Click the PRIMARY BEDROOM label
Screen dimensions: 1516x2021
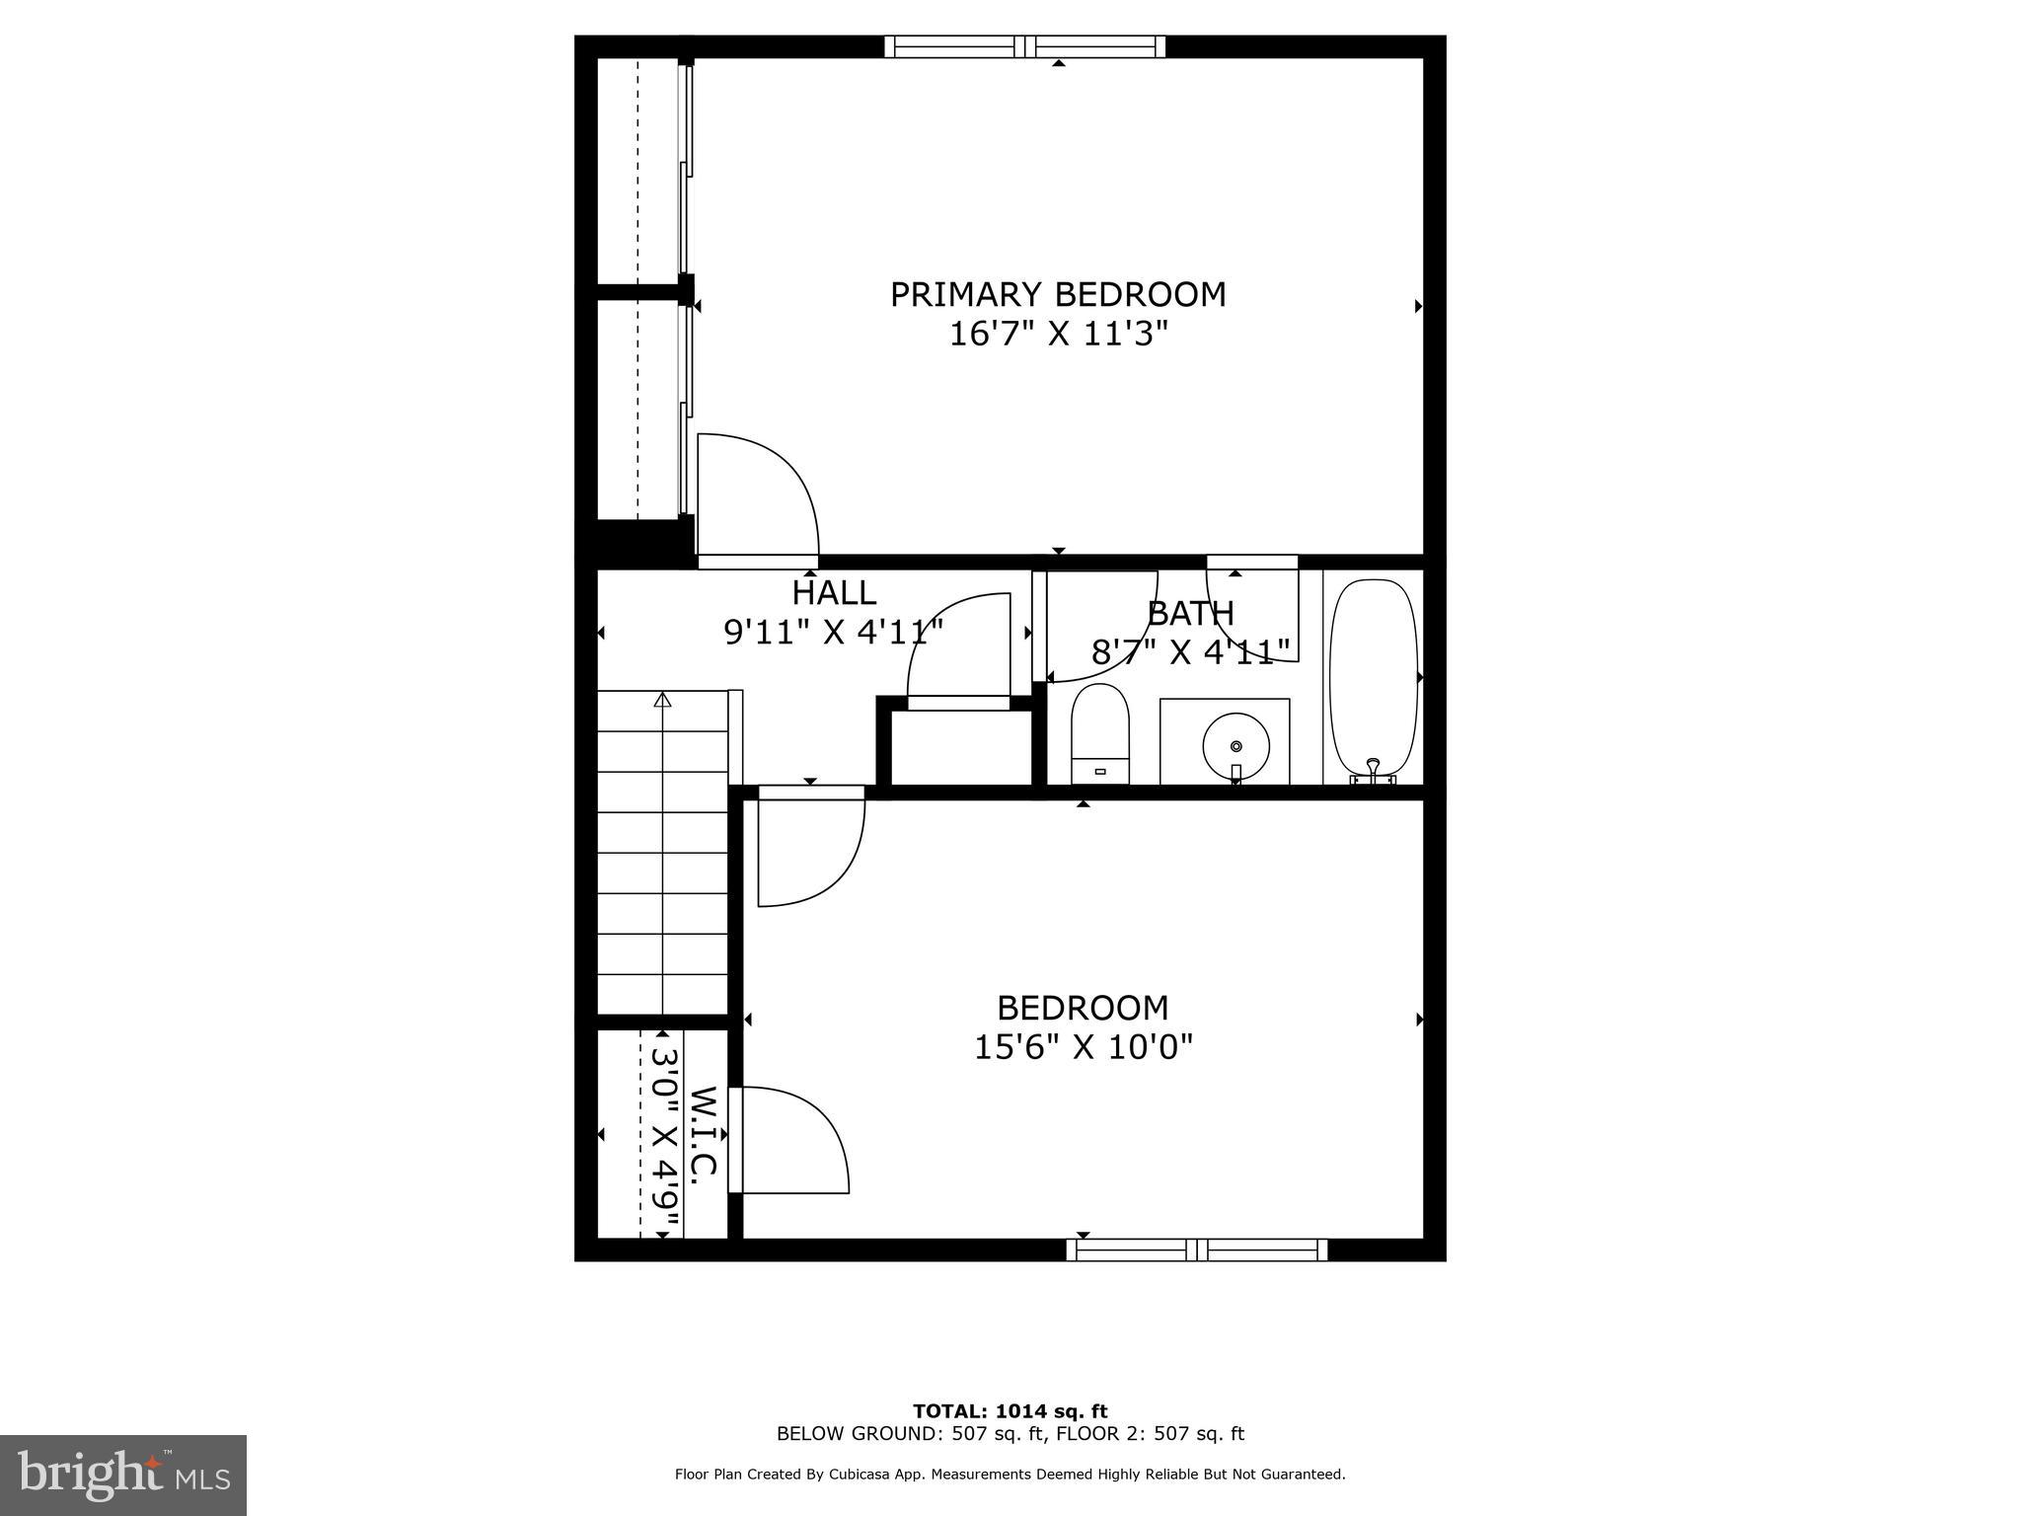point(1058,295)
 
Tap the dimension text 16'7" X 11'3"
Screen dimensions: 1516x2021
point(1058,335)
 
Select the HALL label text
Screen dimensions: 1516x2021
point(834,593)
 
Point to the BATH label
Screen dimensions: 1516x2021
point(1190,614)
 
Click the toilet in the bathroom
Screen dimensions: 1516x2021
point(1099,734)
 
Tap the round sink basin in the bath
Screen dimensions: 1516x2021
point(1235,747)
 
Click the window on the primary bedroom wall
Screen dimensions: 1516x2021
point(1024,46)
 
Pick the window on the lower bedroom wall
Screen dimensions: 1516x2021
point(1196,1251)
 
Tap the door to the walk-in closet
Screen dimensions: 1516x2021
point(789,1140)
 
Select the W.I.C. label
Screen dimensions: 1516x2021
point(703,1135)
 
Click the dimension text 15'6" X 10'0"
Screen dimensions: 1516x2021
point(1083,1047)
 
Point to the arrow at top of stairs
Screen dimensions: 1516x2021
point(662,700)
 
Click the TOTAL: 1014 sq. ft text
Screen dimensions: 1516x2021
point(1010,1411)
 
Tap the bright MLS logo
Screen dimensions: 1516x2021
point(123,1476)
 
